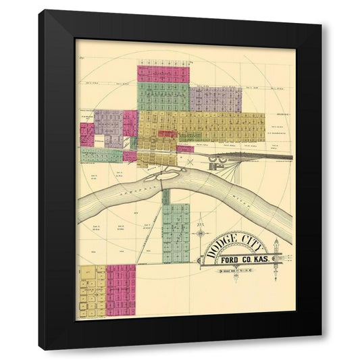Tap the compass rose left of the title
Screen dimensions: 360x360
coord(201,234)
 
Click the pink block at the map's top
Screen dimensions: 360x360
coord(163,73)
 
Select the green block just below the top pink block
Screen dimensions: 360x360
coord(163,96)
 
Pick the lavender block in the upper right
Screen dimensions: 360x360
coord(215,99)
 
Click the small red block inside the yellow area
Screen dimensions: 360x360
coord(167,134)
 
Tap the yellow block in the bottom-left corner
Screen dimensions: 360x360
coord(92,291)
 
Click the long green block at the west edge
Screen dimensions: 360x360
coord(101,155)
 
